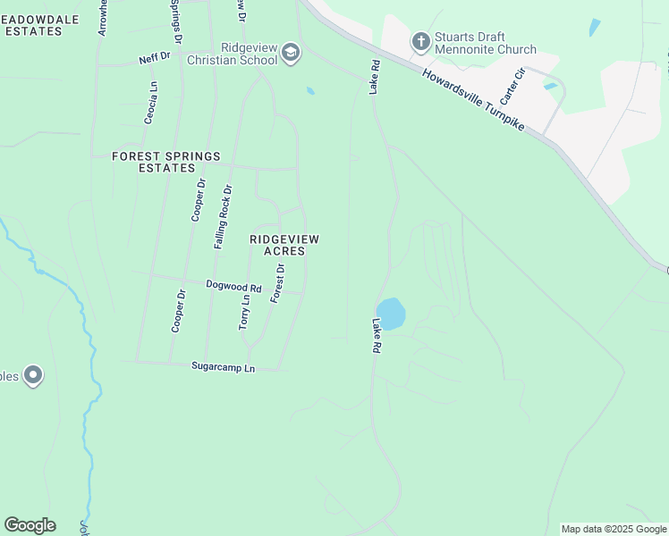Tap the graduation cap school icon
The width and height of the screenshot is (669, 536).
coord(290,54)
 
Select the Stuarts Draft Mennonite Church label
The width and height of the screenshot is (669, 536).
coord(487,43)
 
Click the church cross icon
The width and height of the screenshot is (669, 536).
coord(420,41)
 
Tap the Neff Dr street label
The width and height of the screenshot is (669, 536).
coord(154,59)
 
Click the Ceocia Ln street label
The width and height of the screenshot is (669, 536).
coord(152,103)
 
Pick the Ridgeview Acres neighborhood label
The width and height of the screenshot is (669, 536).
coord(284,245)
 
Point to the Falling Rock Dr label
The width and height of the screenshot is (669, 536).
coord(223,216)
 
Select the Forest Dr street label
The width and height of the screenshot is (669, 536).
coord(277,282)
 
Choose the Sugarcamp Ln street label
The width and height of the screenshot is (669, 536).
coord(224,367)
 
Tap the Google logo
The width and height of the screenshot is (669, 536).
coord(30,525)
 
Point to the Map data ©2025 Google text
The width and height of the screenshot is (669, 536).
coord(614,529)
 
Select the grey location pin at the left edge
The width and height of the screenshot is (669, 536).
coord(33,375)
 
